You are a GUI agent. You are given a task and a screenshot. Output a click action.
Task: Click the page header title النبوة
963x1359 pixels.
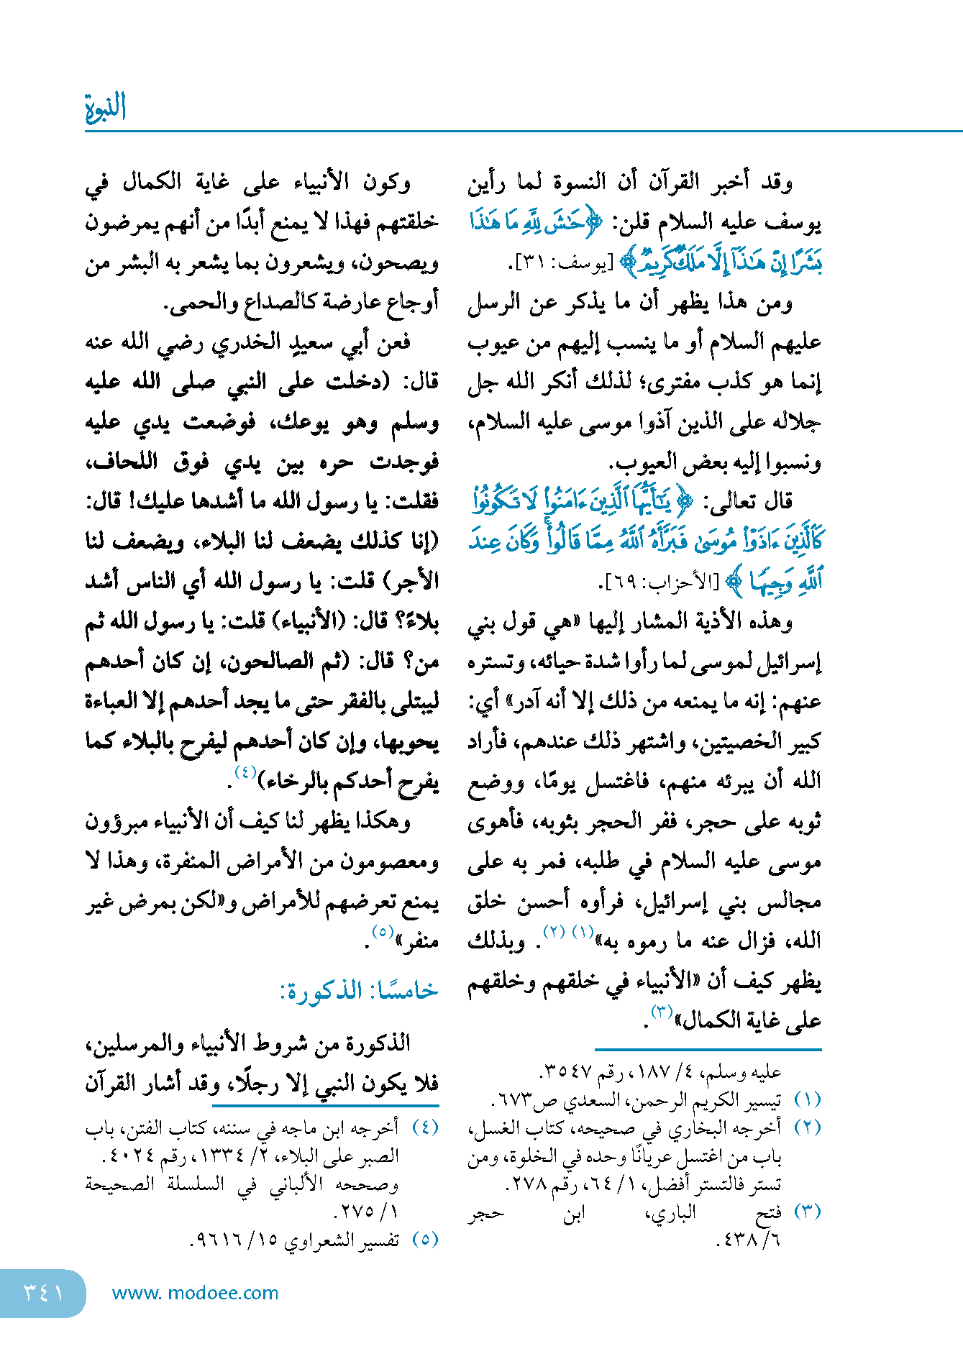click(x=105, y=108)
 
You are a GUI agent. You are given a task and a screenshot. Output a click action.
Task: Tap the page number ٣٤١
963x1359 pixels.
click(x=43, y=1292)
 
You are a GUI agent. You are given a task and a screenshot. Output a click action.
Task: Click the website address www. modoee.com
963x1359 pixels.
click(x=195, y=1293)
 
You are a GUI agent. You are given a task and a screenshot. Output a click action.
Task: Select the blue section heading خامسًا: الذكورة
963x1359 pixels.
click(x=358, y=991)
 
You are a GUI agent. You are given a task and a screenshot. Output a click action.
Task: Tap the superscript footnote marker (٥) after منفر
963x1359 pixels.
click(x=382, y=932)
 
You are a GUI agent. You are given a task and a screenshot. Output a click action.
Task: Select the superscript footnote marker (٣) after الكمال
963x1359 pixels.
click(x=661, y=1012)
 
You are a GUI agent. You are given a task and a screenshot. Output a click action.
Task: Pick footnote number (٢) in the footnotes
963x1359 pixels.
click(x=807, y=1127)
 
